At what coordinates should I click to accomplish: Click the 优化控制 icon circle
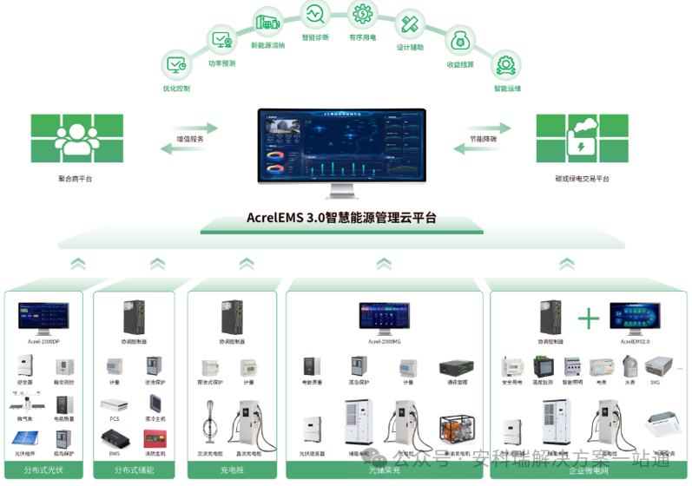pyautogui.click(x=176, y=64)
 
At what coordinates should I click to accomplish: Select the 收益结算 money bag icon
pyautogui.click(x=459, y=40)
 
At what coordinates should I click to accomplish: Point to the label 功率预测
pyautogui.click(x=221, y=62)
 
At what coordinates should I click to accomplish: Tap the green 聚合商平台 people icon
pyautogui.click(x=76, y=138)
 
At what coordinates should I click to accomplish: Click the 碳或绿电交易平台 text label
pyautogui.click(x=582, y=179)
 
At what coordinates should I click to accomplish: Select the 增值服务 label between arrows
pyautogui.click(x=190, y=138)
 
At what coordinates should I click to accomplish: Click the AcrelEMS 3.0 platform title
pyautogui.click(x=341, y=218)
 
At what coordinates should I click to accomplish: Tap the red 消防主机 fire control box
pyautogui.click(x=156, y=431)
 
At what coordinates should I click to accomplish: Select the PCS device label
pyautogui.click(x=114, y=418)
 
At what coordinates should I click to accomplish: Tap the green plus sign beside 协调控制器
pyautogui.click(x=589, y=319)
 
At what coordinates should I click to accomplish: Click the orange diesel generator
pyautogui.click(x=457, y=430)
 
